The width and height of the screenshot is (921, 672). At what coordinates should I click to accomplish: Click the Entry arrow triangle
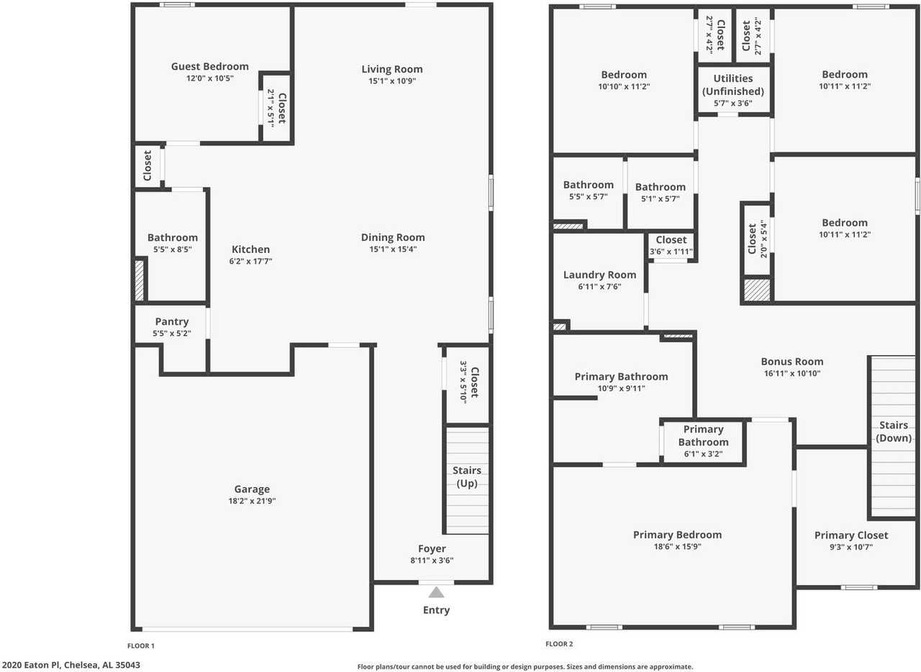pos(436,593)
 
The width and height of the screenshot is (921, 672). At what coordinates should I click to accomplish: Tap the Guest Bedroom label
pos(209,67)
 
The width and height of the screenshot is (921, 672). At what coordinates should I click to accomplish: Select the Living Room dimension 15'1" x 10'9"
pos(392,80)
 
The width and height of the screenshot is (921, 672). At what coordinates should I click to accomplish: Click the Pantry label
pos(171,322)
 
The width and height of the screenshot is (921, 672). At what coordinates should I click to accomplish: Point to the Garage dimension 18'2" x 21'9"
pos(252,501)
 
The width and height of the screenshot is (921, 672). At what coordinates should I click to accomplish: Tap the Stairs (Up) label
pos(467,477)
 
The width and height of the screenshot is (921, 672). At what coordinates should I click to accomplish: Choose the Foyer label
pos(432,549)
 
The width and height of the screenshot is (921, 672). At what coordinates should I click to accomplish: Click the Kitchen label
pos(250,249)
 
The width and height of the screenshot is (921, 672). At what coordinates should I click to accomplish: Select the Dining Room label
pos(393,237)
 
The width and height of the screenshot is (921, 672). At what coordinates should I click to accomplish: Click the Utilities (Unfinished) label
pos(733,85)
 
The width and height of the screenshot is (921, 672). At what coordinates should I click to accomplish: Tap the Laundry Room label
pos(599,275)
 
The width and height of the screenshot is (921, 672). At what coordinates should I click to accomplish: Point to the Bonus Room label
pos(792,362)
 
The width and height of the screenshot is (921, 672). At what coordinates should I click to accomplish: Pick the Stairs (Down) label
pos(894,432)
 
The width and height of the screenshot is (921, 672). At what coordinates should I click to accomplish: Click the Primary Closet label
pos(851,535)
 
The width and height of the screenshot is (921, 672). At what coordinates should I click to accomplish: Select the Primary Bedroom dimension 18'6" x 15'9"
pos(677,546)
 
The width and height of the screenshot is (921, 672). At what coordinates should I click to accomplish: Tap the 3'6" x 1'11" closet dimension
pos(671,252)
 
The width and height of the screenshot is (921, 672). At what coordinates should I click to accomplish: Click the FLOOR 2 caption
pos(559,644)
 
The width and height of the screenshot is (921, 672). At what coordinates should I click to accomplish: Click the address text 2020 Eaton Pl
pos(71,665)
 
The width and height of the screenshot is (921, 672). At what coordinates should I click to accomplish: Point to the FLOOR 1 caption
pos(141,645)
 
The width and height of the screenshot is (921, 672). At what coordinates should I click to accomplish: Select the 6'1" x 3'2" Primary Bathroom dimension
pos(703,454)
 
